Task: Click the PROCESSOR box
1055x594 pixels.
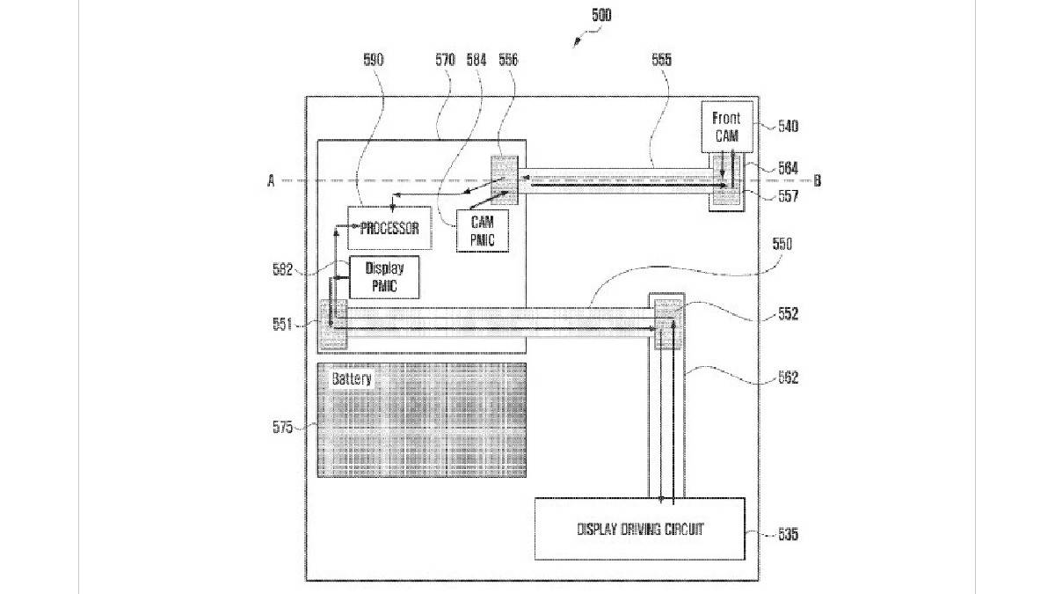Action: click(x=390, y=228)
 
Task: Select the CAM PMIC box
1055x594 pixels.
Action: click(x=483, y=231)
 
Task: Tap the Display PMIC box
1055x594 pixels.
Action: click(x=383, y=277)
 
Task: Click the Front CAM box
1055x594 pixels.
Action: click(x=726, y=126)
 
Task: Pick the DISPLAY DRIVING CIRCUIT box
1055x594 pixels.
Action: click(x=640, y=529)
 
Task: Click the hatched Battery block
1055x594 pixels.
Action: click(x=421, y=420)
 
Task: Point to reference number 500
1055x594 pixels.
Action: click(x=601, y=15)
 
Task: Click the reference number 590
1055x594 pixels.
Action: click(x=374, y=60)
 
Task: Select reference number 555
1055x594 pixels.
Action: click(x=661, y=60)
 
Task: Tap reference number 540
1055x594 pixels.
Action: click(x=788, y=126)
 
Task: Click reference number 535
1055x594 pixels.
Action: click(x=788, y=533)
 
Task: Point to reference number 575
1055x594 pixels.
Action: click(x=282, y=426)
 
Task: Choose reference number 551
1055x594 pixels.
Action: click(x=282, y=325)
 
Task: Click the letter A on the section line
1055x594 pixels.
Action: click(x=272, y=180)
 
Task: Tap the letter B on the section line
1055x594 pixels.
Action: click(x=817, y=180)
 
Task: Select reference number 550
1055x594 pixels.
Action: click(x=782, y=245)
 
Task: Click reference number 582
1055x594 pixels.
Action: click(x=282, y=271)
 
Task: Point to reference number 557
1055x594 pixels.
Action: click(x=788, y=197)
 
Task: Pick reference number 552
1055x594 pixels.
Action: click(x=788, y=314)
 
